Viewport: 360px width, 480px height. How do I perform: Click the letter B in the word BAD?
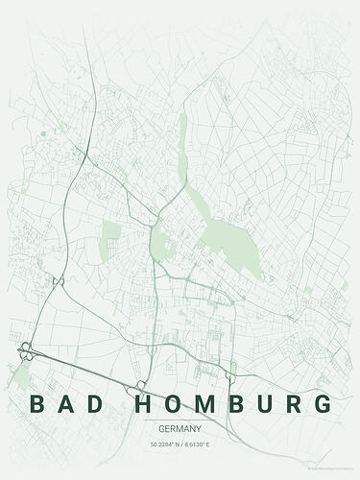click(37, 403)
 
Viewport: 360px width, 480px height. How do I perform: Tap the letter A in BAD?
click(68, 403)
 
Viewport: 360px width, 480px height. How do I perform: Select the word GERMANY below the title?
click(180, 429)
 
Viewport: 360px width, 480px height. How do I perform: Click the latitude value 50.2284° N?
click(164, 444)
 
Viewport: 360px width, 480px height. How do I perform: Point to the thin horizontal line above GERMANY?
click(180, 420)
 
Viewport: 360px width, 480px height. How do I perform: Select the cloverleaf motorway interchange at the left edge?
click(24, 351)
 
